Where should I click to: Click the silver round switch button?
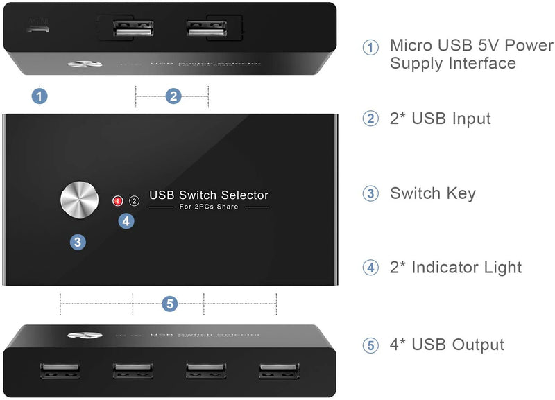pos(78,201)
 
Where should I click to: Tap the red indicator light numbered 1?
pos(118,201)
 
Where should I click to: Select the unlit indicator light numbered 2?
pos(135,201)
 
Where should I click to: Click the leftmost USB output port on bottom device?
pos(60,371)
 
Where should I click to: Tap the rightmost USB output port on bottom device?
pos(278,371)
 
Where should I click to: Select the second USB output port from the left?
pos(133,371)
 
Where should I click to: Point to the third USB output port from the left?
pos(205,371)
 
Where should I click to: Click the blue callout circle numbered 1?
pos(40,96)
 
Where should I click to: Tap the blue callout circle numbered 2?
pos(173,96)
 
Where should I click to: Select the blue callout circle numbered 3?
pos(78,242)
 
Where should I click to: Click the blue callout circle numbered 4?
pos(126,221)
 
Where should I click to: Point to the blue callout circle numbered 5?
pos(169,304)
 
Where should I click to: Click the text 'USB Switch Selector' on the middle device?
pos(209,195)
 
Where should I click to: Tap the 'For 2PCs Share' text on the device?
pos(209,207)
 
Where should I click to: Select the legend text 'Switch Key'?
pos(432,193)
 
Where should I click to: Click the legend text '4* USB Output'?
pos(447,345)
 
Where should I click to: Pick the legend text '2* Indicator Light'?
pos(456,267)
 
